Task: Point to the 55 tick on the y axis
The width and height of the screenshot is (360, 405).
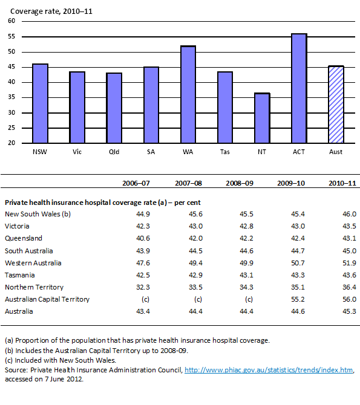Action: point(11,36)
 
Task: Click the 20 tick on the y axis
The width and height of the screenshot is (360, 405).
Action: point(11,143)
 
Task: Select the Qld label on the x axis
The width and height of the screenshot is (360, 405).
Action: point(114,152)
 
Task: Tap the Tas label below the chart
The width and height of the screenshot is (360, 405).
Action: point(224,152)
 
